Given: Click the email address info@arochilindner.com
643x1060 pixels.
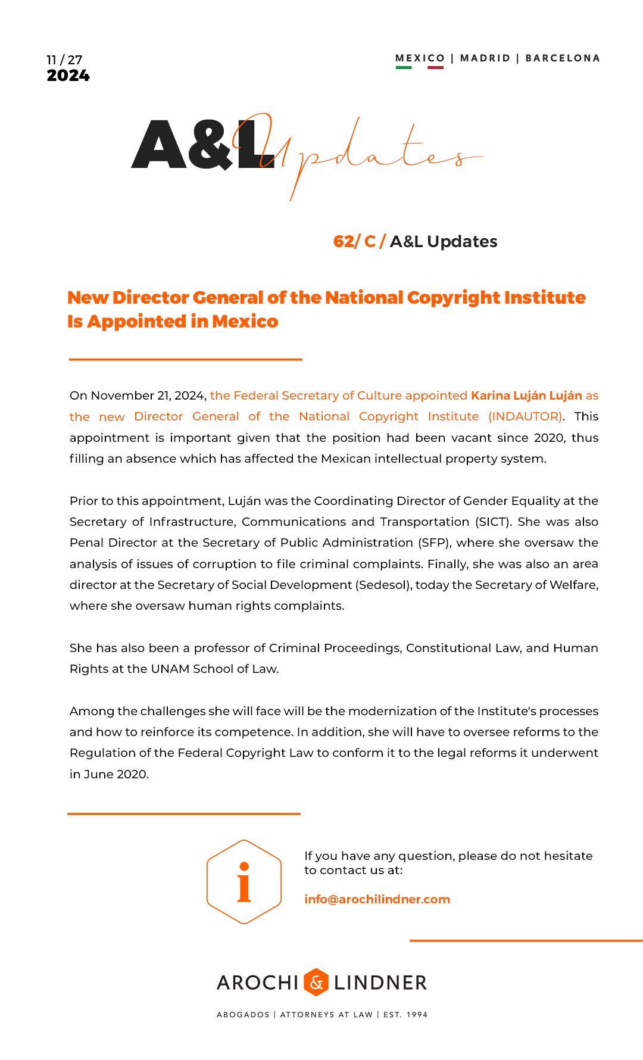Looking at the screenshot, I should (377, 899).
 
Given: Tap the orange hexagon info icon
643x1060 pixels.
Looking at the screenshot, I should (244, 882).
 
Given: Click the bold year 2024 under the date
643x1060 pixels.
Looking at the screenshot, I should (68, 76).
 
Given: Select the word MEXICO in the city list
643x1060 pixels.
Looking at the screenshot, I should (420, 58).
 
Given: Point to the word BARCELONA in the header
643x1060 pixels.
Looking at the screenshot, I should (563, 58).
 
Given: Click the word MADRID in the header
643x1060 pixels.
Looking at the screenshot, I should (485, 58).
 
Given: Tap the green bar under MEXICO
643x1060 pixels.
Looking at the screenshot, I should (404, 67).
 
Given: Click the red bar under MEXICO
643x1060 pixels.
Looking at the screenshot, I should (435, 67).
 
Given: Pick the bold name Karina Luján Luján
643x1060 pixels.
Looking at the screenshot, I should (526, 395).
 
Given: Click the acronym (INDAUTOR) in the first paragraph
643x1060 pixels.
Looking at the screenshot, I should (525, 416).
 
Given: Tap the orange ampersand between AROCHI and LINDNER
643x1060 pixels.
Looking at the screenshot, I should (316, 982).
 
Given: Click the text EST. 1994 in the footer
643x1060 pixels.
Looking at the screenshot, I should (405, 1015).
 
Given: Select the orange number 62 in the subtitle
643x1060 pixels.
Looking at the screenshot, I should (344, 241).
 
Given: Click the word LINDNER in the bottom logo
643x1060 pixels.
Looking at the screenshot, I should (380, 983).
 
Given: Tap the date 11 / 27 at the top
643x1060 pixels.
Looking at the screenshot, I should (64, 60).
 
